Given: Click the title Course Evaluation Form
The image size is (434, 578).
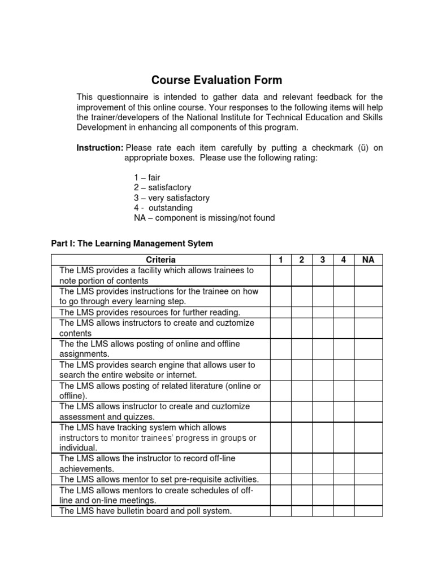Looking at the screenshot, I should (216, 80).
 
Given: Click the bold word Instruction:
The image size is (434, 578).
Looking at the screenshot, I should (99, 148).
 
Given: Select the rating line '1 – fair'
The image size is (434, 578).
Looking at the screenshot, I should (147, 177).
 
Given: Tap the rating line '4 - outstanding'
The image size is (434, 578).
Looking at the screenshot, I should (163, 208).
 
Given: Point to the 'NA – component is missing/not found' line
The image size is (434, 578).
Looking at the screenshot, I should (204, 218).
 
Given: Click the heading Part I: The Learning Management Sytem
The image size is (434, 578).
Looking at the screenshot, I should (132, 244).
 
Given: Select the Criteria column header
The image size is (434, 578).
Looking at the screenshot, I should (160, 260).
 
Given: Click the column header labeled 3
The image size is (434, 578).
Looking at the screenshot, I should (322, 260).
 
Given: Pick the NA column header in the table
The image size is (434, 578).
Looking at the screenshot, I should (368, 260).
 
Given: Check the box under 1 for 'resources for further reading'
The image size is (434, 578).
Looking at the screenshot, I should (280, 312).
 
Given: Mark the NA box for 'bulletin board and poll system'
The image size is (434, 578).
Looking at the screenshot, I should (368, 511).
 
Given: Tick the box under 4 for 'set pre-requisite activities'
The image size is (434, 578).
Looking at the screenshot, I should (343, 479).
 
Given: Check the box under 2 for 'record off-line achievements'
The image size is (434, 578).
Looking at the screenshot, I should (301, 463).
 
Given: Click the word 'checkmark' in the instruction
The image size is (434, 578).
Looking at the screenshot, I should (317, 148).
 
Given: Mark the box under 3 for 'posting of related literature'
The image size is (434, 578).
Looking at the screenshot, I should (322, 391).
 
